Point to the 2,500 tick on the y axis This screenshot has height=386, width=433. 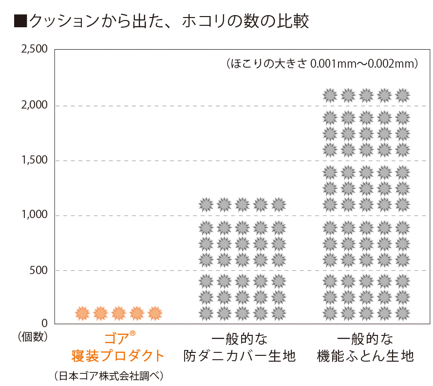pyautogui.click(x=34, y=49)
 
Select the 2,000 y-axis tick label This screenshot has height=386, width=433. pyautogui.click(x=34, y=105)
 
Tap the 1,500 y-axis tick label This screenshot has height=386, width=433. pyautogui.click(x=34, y=160)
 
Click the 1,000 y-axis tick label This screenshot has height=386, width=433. pyautogui.click(x=34, y=215)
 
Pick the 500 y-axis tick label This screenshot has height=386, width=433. pyautogui.click(x=38, y=270)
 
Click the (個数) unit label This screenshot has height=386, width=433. pyautogui.click(x=31, y=336)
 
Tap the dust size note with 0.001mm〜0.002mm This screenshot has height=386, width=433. pyautogui.click(x=322, y=64)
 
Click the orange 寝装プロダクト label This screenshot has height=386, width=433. pyautogui.click(x=119, y=356)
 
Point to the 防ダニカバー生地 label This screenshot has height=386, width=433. pyautogui.click(x=240, y=356)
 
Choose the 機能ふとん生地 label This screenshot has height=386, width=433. pyautogui.click(x=365, y=356)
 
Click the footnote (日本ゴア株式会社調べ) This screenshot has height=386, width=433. pyautogui.click(x=108, y=376)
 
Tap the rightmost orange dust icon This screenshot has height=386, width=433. pyautogui.click(x=155, y=313)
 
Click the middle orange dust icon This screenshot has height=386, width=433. pyautogui.click(x=119, y=313)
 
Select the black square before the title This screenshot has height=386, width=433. pyautogui.click(x=20, y=21)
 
